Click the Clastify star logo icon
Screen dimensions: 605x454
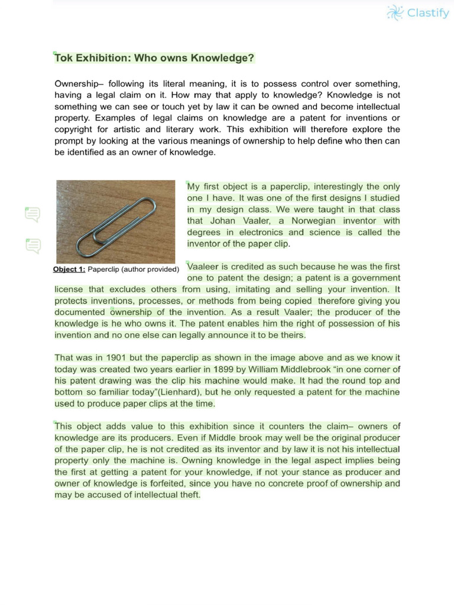tap(395, 12)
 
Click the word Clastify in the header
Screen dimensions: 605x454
tap(428, 13)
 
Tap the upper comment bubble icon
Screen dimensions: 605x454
tap(33, 214)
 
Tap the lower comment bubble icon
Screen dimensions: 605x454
tap(33, 245)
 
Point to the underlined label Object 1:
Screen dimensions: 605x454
tap(69, 269)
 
